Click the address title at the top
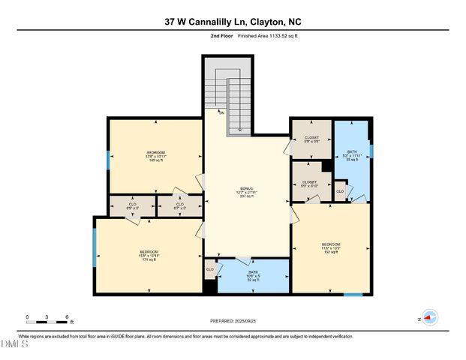(233, 22)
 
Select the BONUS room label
(246, 191)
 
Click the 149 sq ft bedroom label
(156, 156)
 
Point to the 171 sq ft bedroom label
(149, 255)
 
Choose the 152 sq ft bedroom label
(331, 247)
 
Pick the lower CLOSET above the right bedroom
(309, 184)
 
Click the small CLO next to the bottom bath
(210, 268)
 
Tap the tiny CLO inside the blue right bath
(340, 191)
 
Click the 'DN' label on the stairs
(221, 112)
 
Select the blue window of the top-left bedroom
(109, 159)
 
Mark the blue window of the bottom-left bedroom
(95, 247)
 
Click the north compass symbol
(429, 318)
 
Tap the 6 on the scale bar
(68, 316)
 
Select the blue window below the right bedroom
(353, 294)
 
